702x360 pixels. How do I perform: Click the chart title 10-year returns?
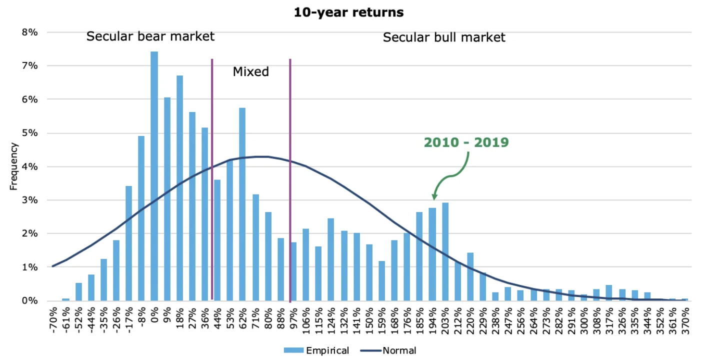(348, 12)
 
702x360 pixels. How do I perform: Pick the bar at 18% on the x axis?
(179, 188)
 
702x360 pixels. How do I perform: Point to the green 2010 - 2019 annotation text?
(466, 142)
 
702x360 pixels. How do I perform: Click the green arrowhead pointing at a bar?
(433, 196)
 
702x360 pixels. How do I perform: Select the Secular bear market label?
(150, 36)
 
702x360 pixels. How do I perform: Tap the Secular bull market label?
(444, 37)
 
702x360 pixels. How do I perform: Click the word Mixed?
(250, 72)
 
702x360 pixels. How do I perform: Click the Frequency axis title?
(14, 166)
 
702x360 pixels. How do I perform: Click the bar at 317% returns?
(609, 293)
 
